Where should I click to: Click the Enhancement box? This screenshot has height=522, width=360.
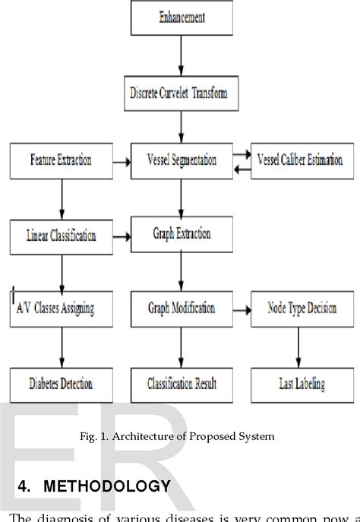point(182,17)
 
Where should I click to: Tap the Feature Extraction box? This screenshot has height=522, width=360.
point(62,160)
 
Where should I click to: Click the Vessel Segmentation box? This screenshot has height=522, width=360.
point(181,160)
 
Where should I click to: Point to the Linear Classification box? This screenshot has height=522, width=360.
point(62,236)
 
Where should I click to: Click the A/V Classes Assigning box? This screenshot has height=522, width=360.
point(62,309)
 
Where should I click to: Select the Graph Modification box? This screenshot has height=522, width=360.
point(181,309)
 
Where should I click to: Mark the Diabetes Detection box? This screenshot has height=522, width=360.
point(62,384)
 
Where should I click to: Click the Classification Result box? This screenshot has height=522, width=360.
point(181,384)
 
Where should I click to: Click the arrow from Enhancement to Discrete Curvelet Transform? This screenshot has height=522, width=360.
point(182,59)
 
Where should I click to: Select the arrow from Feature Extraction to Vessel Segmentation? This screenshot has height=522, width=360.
point(122,161)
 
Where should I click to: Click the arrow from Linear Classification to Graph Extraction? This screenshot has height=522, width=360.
point(122,236)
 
